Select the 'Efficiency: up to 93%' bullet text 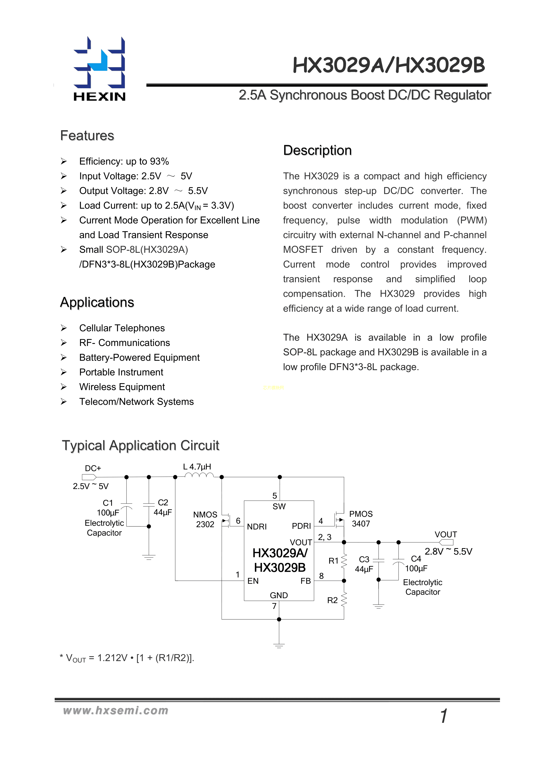click(x=124, y=161)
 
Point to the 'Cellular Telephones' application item click(x=122, y=328)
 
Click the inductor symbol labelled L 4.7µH click(x=199, y=475)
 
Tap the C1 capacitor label click(x=108, y=503)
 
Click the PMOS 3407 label click(x=361, y=519)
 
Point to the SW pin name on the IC click(x=279, y=506)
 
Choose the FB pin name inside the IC click(x=306, y=581)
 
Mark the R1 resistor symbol click(x=344, y=561)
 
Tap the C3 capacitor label click(x=364, y=559)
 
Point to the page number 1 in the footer click(x=444, y=716)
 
